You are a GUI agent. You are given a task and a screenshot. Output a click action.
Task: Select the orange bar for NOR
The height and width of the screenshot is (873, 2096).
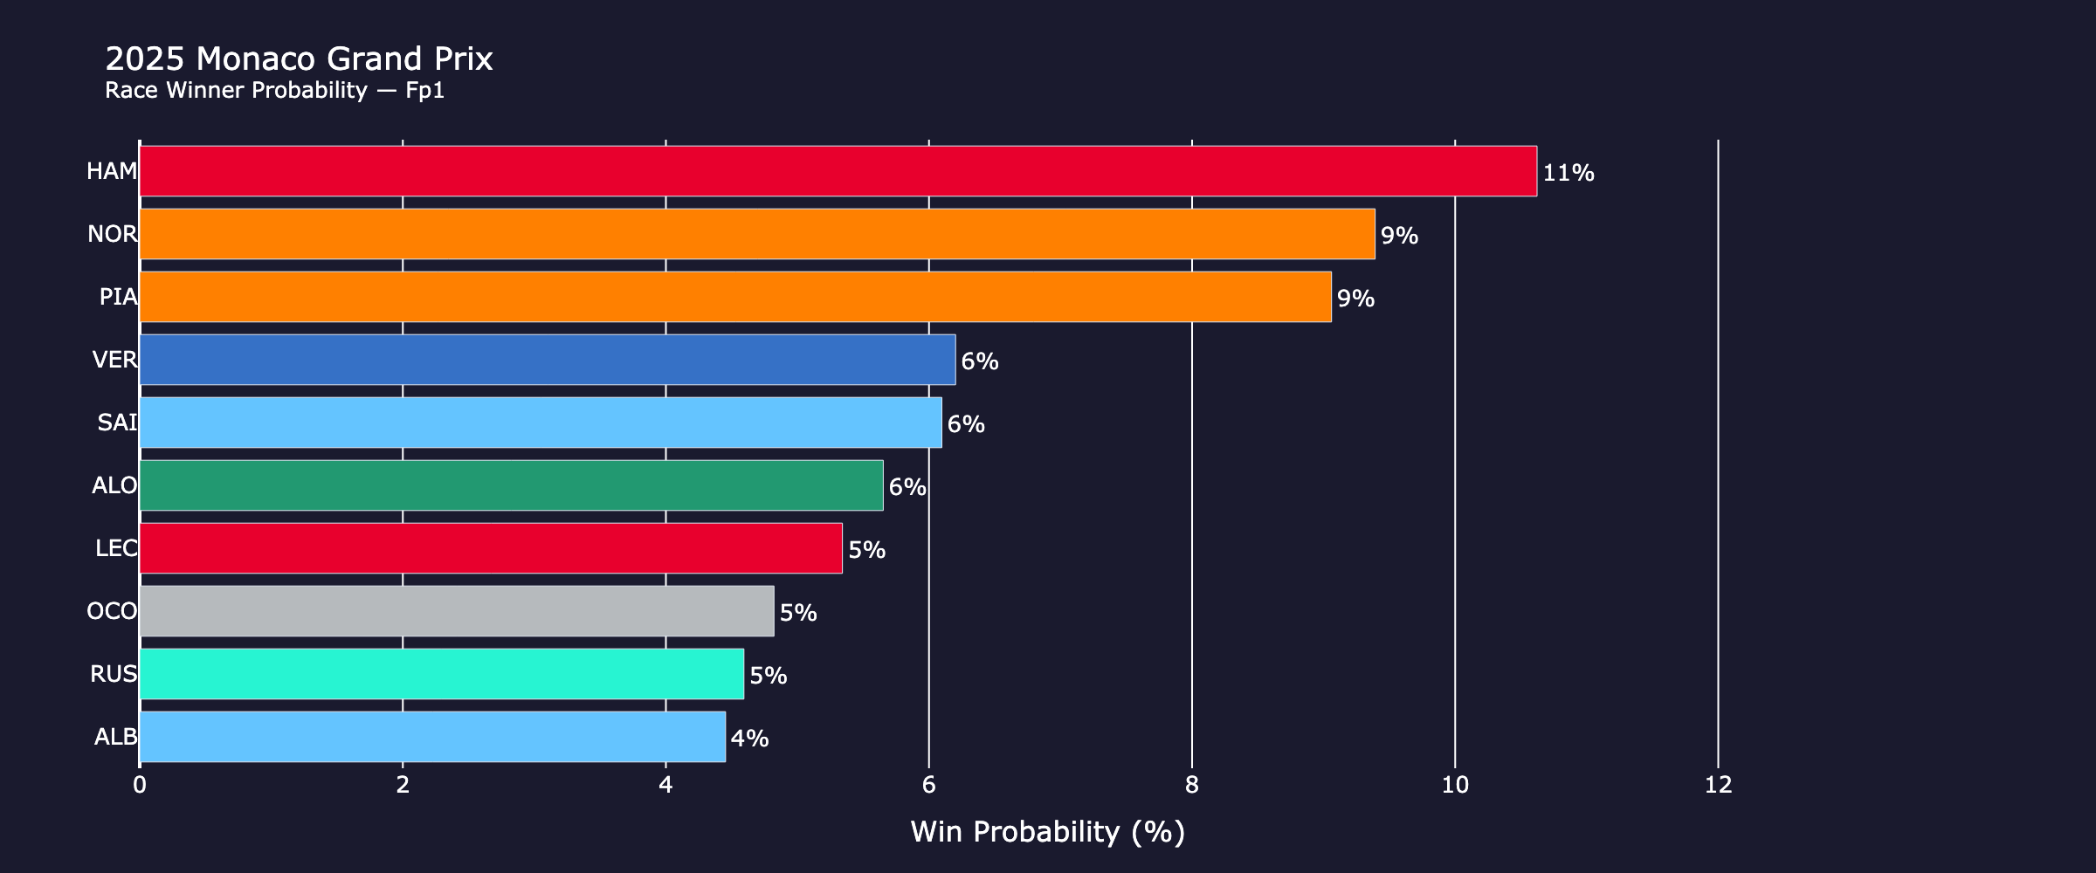(756, 234)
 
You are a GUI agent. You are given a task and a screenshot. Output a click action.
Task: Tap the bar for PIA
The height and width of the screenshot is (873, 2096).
(734, 297)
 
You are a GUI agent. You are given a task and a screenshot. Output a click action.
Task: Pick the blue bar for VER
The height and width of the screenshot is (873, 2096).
(547, 360)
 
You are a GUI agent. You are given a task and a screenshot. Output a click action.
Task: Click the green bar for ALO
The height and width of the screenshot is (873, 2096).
(511, 485)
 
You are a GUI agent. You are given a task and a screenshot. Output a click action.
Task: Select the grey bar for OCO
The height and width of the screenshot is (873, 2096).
(456, 611)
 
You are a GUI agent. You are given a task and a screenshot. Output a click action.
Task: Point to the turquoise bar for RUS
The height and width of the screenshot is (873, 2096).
(441, 674)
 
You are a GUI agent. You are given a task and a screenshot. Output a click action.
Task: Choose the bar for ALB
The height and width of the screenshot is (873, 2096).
(431, 737)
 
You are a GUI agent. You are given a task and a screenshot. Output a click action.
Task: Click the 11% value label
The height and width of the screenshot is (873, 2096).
(1569, 173)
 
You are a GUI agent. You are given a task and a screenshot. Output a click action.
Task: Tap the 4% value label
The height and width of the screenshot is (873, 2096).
(749, 739)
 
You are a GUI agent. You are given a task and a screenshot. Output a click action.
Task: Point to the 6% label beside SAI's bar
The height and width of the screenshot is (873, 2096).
(966, 424)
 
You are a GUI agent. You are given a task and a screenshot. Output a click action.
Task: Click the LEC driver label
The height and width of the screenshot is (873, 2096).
(116, 548)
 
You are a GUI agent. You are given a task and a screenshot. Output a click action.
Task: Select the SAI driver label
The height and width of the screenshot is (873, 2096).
(117, 423)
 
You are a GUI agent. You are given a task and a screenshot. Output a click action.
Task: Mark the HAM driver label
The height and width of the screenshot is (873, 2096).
(112, 171)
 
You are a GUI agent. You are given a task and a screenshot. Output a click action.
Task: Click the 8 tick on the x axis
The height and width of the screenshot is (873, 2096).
(1192, 786)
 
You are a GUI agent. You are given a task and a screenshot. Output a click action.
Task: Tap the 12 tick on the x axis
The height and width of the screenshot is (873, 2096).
(1718, 786)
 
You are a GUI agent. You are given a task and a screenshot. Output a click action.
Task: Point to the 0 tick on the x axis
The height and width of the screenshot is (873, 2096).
(140, 786)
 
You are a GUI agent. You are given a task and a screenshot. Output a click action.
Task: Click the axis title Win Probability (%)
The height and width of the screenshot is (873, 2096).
(1047, 832)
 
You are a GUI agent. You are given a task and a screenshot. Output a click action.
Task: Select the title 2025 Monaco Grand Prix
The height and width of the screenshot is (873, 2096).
(299, 58)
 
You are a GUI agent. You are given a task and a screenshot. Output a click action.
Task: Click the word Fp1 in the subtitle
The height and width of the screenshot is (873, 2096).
(425, 90)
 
